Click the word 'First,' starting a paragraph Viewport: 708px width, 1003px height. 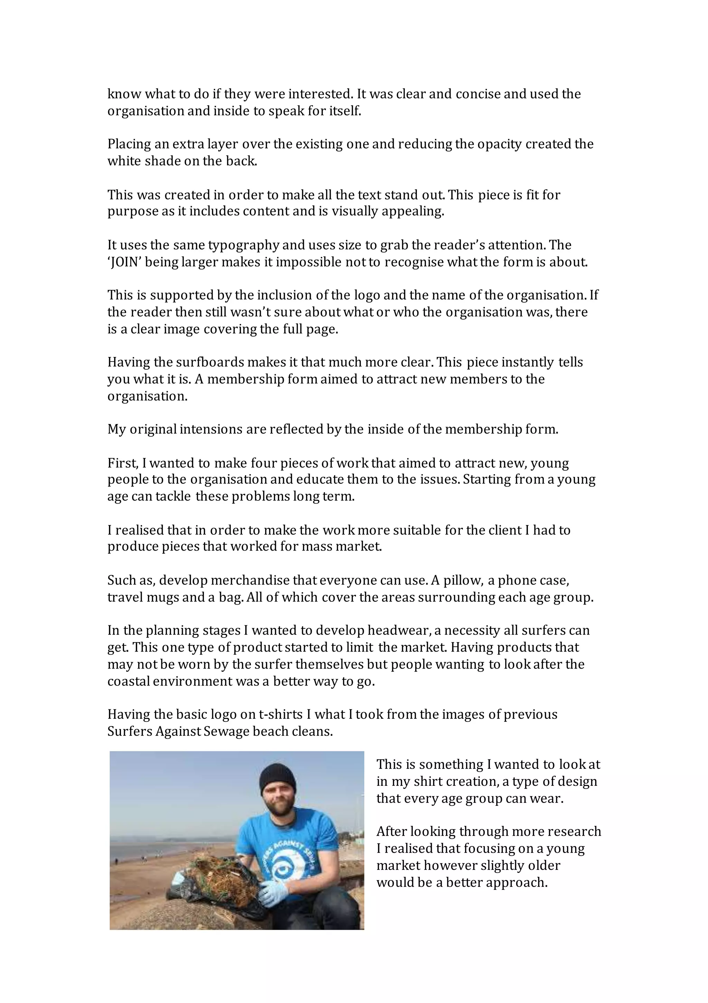(123, 463)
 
